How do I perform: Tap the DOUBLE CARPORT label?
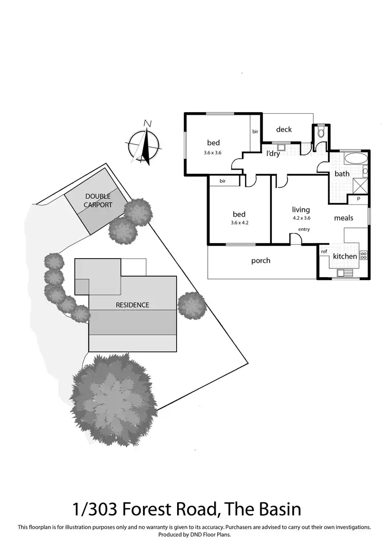click(98, 201)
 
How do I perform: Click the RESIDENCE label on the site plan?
click(132, 305)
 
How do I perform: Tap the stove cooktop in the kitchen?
click(363, 255)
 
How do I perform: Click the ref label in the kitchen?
click(324, 251)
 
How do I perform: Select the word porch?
click(261, 261)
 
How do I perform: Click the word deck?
click(284, 130)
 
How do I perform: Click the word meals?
click(343, 218)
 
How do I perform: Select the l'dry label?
click(273, 153)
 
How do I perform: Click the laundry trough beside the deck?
click(281, 146)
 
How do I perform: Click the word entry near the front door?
click(304, 229)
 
